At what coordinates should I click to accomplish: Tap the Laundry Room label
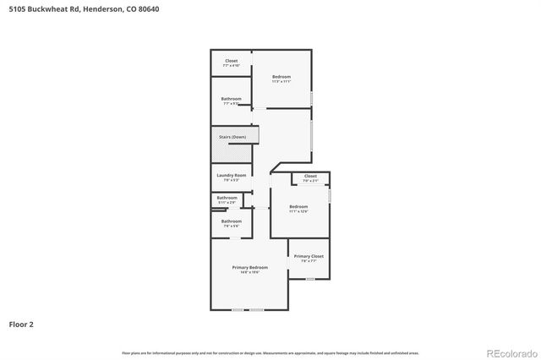tap(231, 175)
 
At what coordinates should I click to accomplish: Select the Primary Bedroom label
tap(250, 267)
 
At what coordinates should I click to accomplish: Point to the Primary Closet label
tap(309, 256)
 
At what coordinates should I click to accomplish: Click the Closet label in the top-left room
tap(231, 60)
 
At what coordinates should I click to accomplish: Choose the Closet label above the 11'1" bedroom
tap(310, 176)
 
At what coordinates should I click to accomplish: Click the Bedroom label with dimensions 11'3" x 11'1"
tap(281, 77)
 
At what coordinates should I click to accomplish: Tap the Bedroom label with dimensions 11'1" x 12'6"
tap(298, 206)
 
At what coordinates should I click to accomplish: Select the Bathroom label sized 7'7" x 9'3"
tap(232, 99)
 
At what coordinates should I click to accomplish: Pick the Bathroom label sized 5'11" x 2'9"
tap(227, 198)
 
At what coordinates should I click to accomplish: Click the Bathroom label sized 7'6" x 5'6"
tap(232, 221)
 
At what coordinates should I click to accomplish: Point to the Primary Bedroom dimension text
tap(250, 272)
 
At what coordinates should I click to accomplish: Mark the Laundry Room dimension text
tap(231, 180)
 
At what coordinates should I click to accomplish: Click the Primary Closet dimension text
tap(309, 261)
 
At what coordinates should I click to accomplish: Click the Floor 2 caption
tap(22, 324)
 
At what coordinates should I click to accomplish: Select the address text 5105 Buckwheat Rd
tap(41, 8)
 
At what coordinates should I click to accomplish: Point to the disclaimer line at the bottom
tap(270, 353)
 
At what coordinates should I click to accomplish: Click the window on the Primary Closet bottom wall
tap(310, 279)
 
